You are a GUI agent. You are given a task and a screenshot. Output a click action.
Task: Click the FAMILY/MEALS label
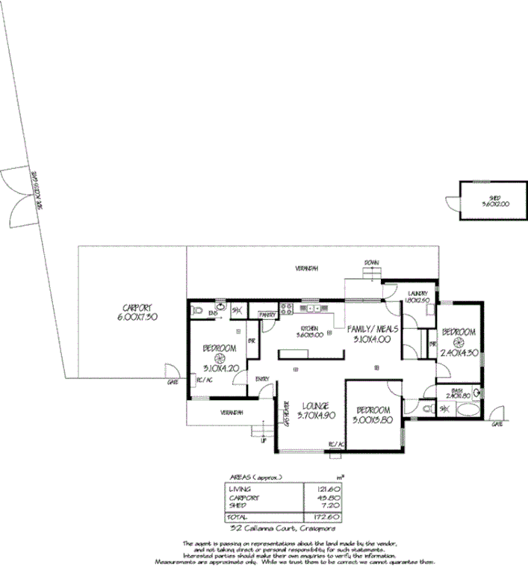tap(376, 328)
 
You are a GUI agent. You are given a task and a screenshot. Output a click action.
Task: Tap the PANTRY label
tap(267, 315)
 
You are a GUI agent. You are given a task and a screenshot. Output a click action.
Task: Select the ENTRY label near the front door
tap(261, 379)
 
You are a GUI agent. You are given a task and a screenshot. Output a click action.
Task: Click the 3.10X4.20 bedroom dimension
tap(220, 367)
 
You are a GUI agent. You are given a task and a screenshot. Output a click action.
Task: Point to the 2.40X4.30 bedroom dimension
tap(458, 353)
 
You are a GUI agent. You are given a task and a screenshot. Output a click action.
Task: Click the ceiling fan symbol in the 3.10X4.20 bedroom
tap(220, 358)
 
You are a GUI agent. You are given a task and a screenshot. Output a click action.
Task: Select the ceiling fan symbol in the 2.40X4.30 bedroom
tap(458, 343)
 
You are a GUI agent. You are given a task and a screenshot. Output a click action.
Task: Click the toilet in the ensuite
tap(198, 310)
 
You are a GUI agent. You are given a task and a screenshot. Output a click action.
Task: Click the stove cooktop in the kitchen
tap(285, 307)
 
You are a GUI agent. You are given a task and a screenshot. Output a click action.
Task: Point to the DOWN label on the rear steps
tap(371, 262)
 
